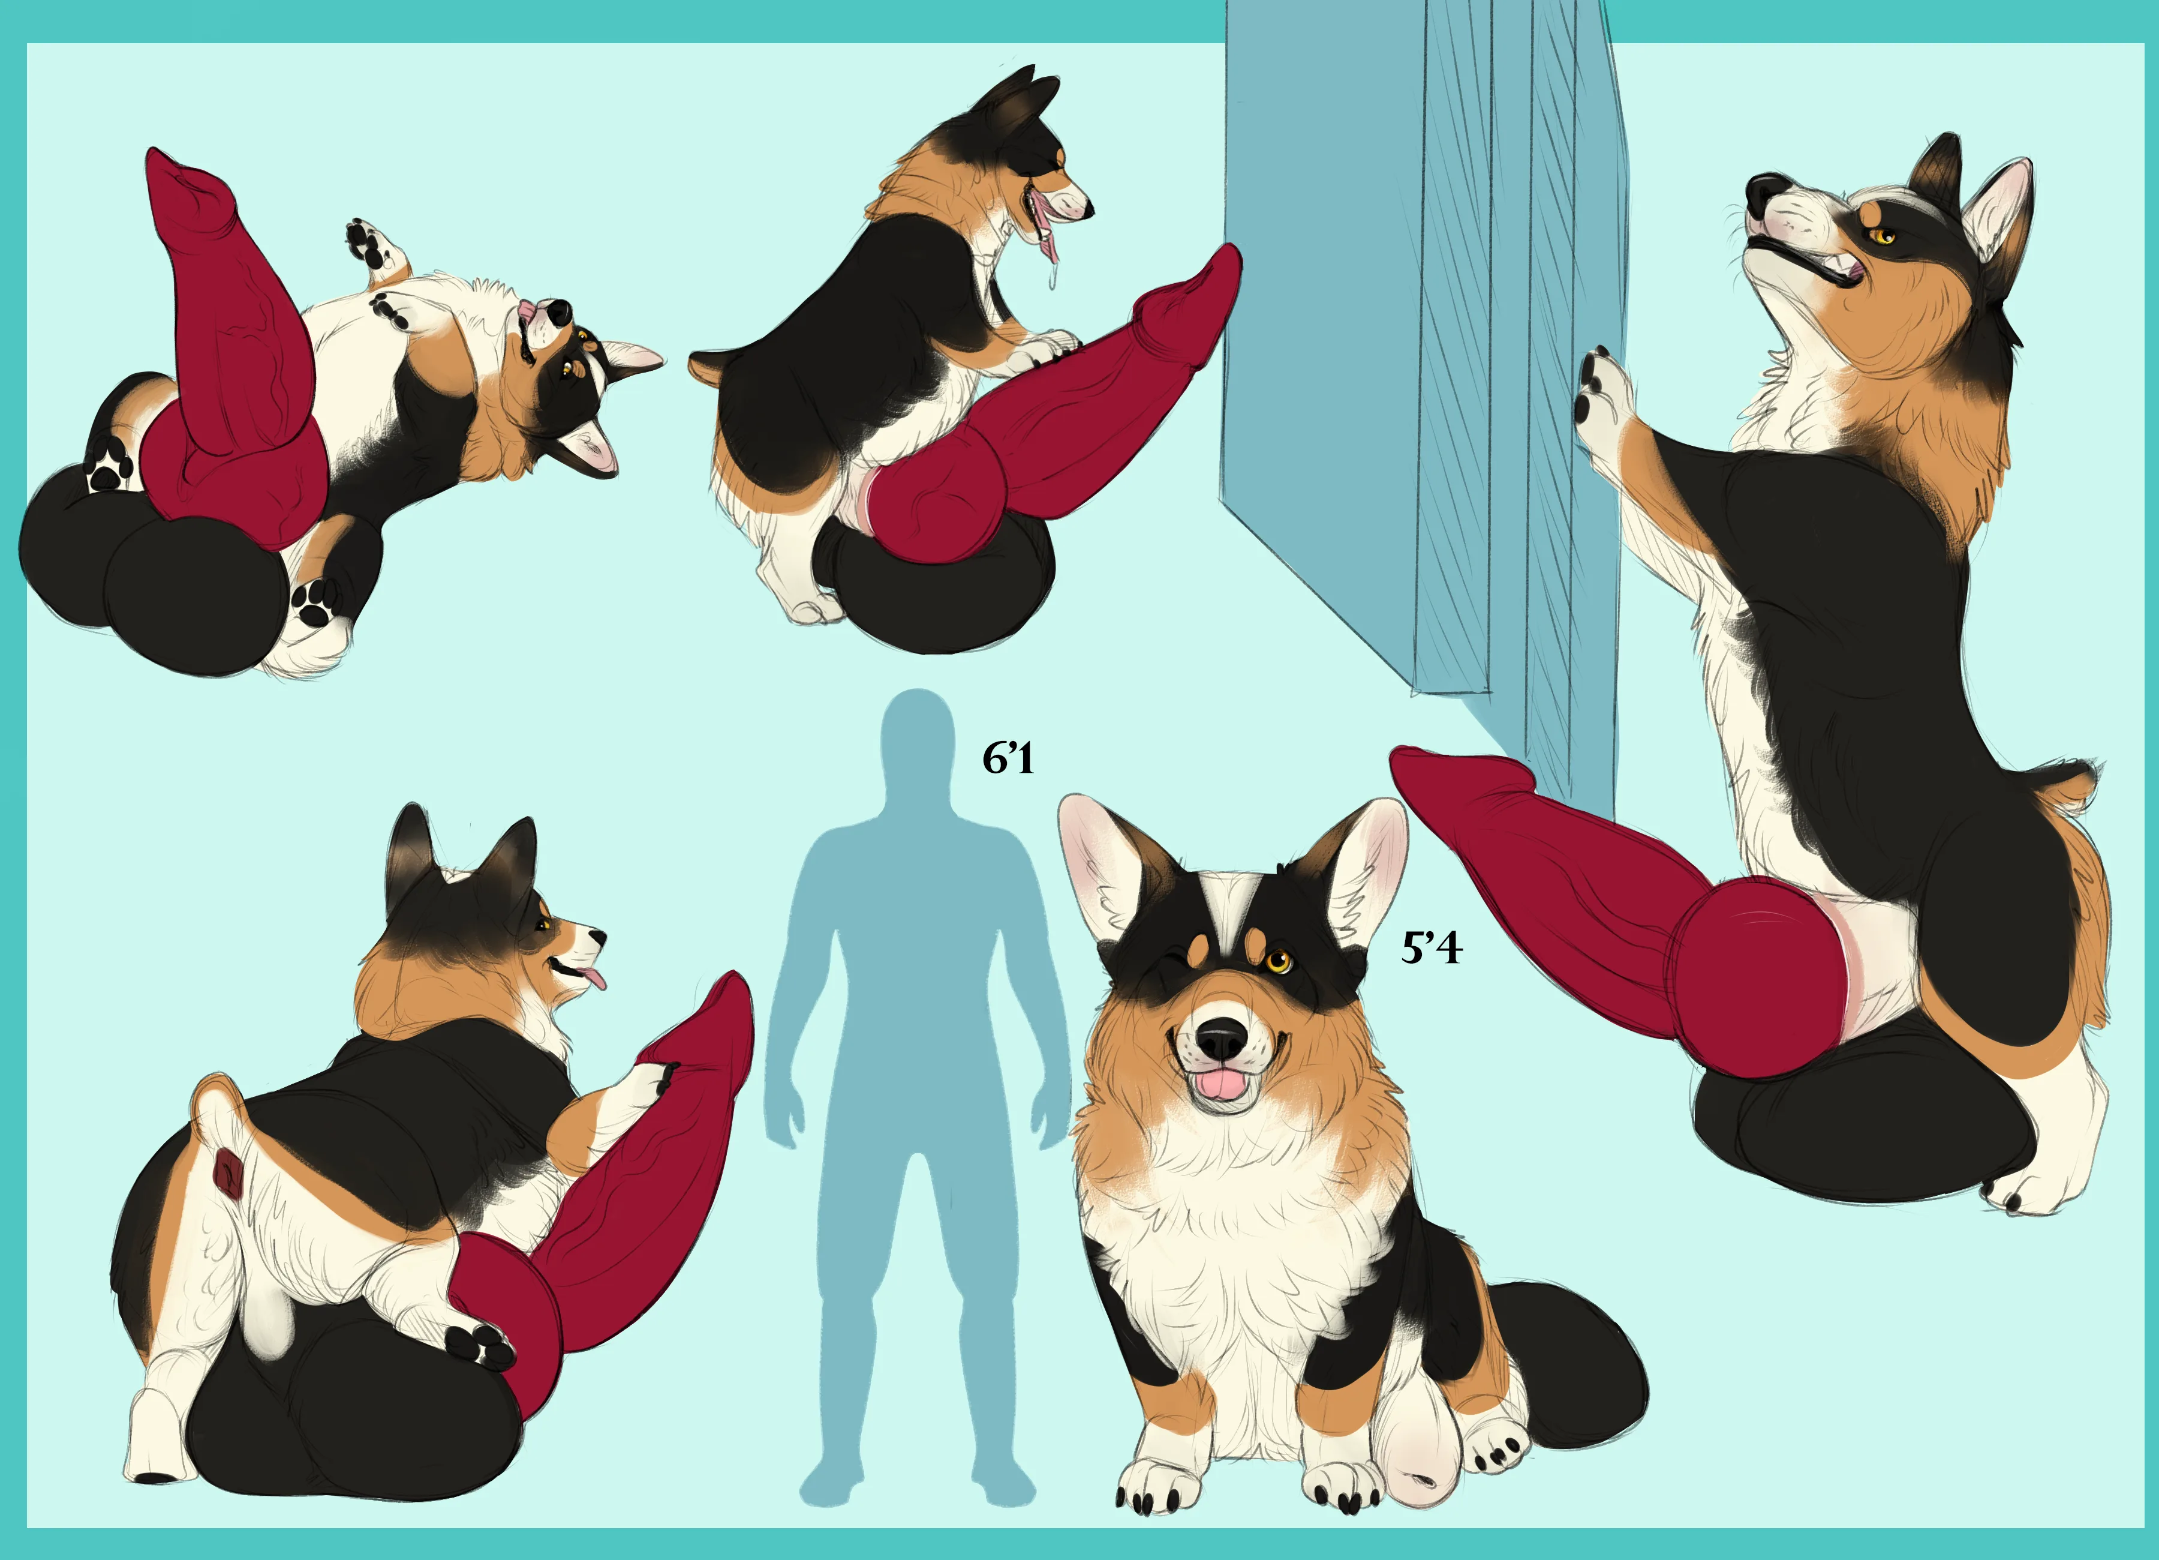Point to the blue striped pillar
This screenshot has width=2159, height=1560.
tap(1418, 381)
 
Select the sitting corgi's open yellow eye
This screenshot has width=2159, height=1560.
tap(1277, 961)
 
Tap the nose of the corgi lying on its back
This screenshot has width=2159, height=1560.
tap(559, 310)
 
